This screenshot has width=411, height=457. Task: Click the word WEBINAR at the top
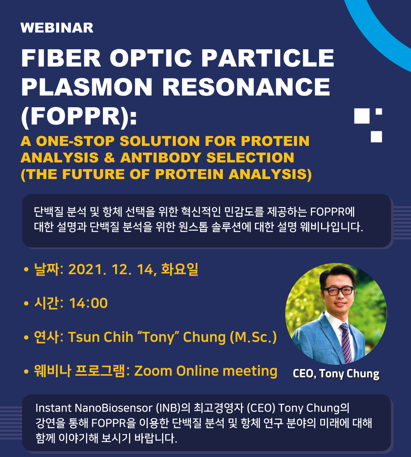57,28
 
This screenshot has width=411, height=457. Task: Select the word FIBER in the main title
61,58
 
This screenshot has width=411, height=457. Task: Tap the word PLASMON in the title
87,87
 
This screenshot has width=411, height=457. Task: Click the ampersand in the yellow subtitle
109,158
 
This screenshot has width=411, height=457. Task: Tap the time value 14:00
89,303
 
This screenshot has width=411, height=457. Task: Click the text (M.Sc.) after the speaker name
253,337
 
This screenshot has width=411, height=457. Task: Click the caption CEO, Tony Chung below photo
336,374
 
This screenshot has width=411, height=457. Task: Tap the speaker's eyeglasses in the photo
338,291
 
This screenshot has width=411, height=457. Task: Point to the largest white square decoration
362,116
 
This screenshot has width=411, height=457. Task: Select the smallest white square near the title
379,112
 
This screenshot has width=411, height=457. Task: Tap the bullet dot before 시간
26,303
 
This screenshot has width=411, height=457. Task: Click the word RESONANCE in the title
246,87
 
